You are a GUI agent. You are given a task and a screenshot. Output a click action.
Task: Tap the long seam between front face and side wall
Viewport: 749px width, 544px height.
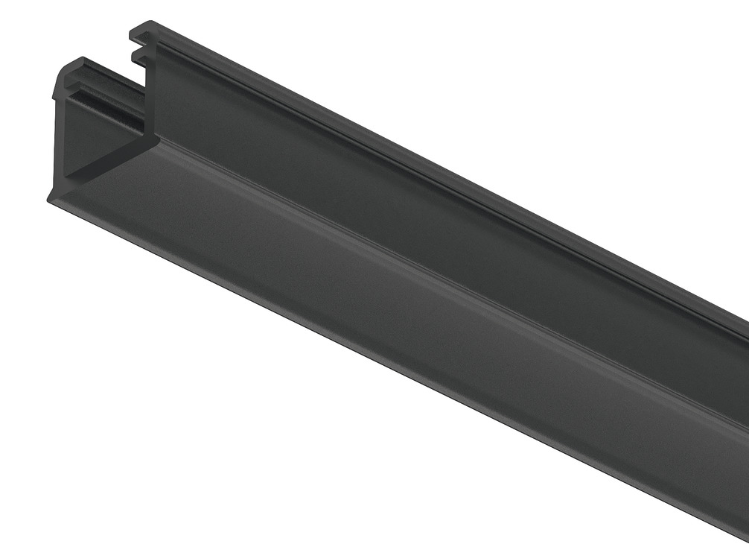(447, 276)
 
